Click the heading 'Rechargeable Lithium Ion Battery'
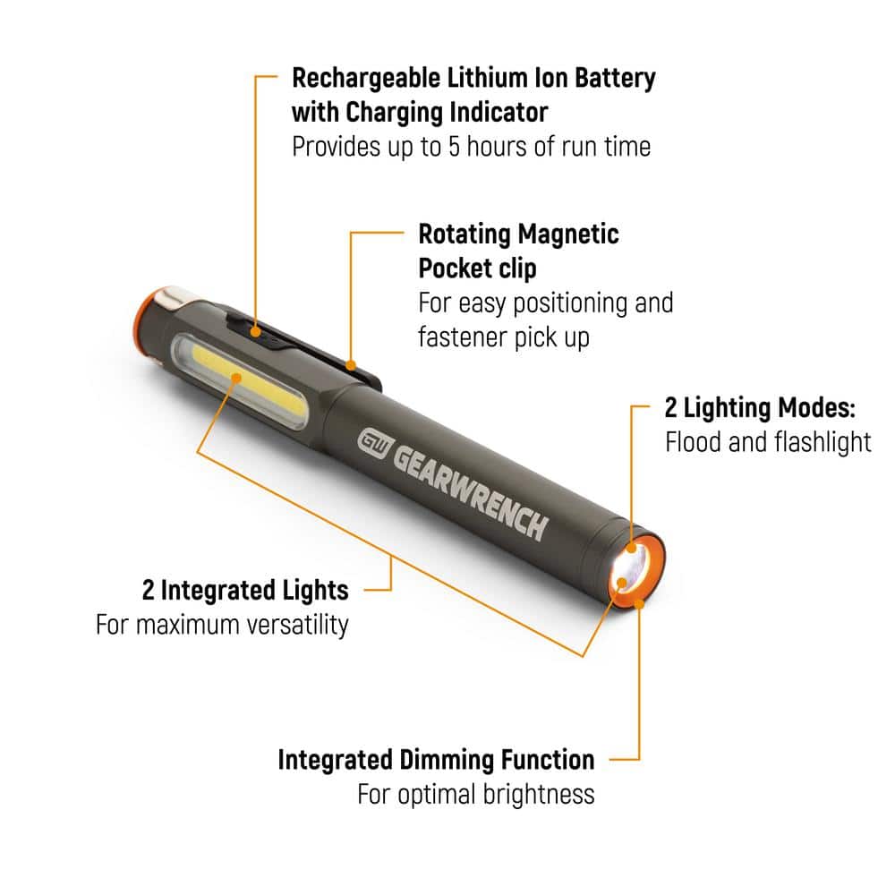pyautogui.click(x=473, y=78)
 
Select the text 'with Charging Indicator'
pyautogui.click(x=420, y=113)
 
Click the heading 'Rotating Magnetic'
pyautogui.click(x=518, y=234)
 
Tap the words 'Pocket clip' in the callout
pyautogui.click(x=478, y=269)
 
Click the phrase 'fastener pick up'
pyautogui.click(x=504, y=338)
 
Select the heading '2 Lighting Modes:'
pyautogui.click(x=760, y=408)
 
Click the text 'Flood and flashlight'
pyautogui.click(x=768, y=442)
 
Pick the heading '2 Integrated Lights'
pyautogui.click(x=245, y=590)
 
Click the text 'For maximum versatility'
pyautogui.click(x=222, y=624)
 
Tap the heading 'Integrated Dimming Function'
pyautogui.click(x=436, y=760)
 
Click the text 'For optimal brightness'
pyautogui.click(x=475, y=794)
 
